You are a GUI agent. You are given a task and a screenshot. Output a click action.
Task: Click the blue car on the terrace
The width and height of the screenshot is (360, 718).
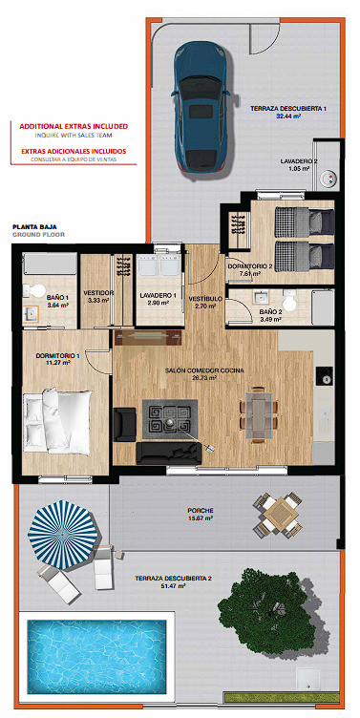tap(201, 107)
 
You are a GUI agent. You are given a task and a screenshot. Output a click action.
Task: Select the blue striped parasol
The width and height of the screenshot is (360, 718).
tap(63, 535)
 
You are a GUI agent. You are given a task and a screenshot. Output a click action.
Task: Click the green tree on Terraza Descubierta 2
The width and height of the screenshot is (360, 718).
tap(270, 608)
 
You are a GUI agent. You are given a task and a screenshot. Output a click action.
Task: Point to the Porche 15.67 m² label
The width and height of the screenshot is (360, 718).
tap(201, 514)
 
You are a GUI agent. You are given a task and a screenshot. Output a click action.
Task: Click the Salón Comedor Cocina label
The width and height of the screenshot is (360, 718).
tap(204, 374)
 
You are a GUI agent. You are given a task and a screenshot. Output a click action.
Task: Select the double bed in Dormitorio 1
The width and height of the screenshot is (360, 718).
tap(58, 421)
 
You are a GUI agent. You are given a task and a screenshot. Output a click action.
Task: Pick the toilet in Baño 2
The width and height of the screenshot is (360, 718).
tap(290, 301)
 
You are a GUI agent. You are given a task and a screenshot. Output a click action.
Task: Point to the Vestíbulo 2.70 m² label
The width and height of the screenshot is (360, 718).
tap(205, 303)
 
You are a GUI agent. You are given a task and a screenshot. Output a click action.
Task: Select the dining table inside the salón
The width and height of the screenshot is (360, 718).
tap(259, 415)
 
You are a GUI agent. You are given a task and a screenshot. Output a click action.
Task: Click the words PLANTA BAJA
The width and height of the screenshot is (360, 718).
tap(33, 226)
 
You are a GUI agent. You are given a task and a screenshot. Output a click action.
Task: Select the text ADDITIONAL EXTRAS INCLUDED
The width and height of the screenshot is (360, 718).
tap(74, 126)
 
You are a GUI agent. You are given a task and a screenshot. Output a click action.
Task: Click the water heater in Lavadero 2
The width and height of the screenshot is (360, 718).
tap(328, 179)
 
